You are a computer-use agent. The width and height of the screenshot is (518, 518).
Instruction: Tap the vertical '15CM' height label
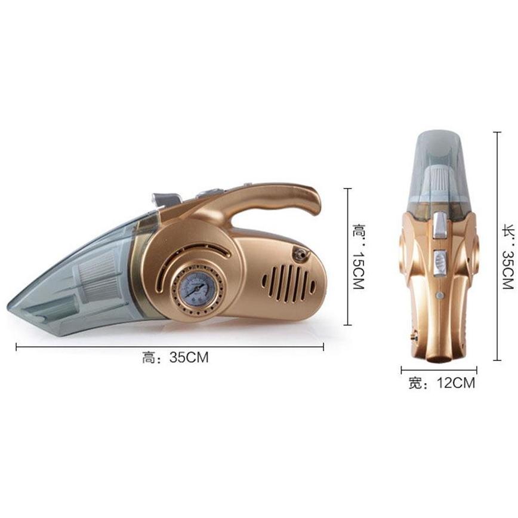359,272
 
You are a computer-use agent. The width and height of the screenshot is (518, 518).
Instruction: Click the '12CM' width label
456,383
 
